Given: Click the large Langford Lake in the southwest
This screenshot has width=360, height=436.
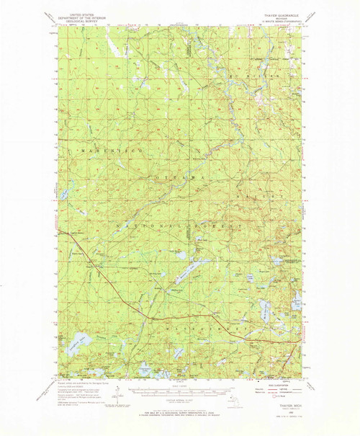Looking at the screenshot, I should [x=81, y=339].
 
